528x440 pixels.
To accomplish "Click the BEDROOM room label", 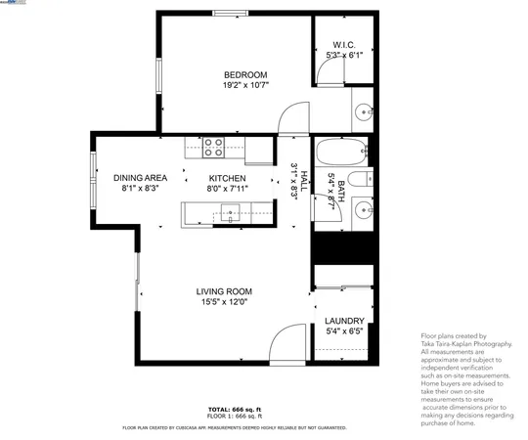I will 245,74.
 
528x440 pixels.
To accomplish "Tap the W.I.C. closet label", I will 343,45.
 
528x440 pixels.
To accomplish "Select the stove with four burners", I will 213,148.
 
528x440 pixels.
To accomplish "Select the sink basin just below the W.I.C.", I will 363,110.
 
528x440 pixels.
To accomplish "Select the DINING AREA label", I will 140,178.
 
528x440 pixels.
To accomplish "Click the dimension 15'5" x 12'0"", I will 224,303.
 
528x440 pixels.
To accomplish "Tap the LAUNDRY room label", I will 344,321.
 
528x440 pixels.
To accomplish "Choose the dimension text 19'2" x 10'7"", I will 245,86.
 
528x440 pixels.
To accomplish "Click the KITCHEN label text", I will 227,178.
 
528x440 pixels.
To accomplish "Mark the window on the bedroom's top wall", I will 231,13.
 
